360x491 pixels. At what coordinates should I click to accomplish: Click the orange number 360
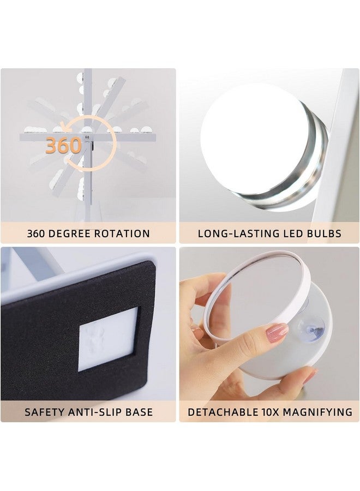coord(63,146)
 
